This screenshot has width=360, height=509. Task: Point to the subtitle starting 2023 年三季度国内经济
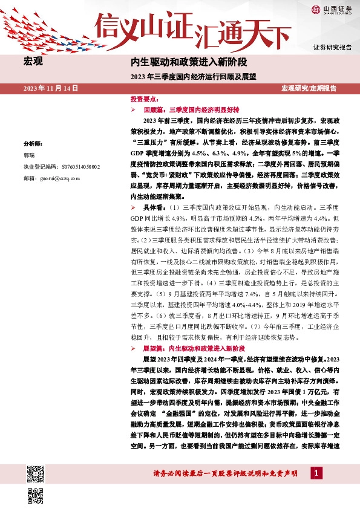click(193, 77)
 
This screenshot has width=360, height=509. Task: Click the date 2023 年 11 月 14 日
click(52, 88)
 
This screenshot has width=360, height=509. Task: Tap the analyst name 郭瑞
click(29, 155)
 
